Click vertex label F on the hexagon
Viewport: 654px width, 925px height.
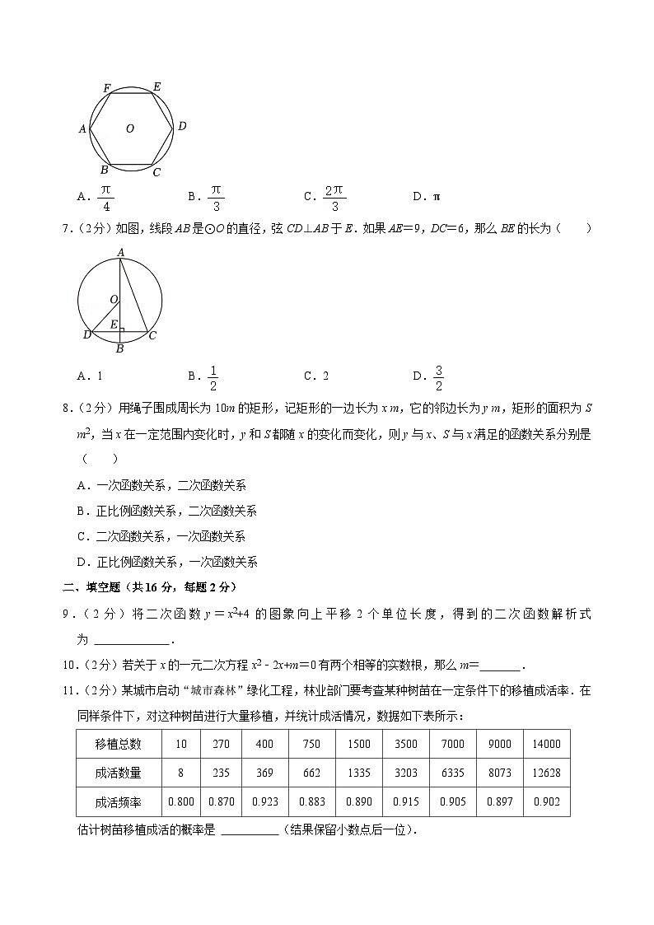pos(107,87)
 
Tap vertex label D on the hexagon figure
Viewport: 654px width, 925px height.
pos(182,126)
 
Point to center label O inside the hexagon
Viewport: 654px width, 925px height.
pos(130,128)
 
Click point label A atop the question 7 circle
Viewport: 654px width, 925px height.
pos(120,251)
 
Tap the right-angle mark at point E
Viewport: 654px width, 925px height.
pos(122,331)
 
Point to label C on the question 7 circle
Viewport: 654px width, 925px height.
pos(152,335)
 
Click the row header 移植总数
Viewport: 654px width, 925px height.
pos(118,744)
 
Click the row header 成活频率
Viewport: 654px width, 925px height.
pos(118,801)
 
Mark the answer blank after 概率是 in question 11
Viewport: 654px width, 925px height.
pos(250,831)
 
